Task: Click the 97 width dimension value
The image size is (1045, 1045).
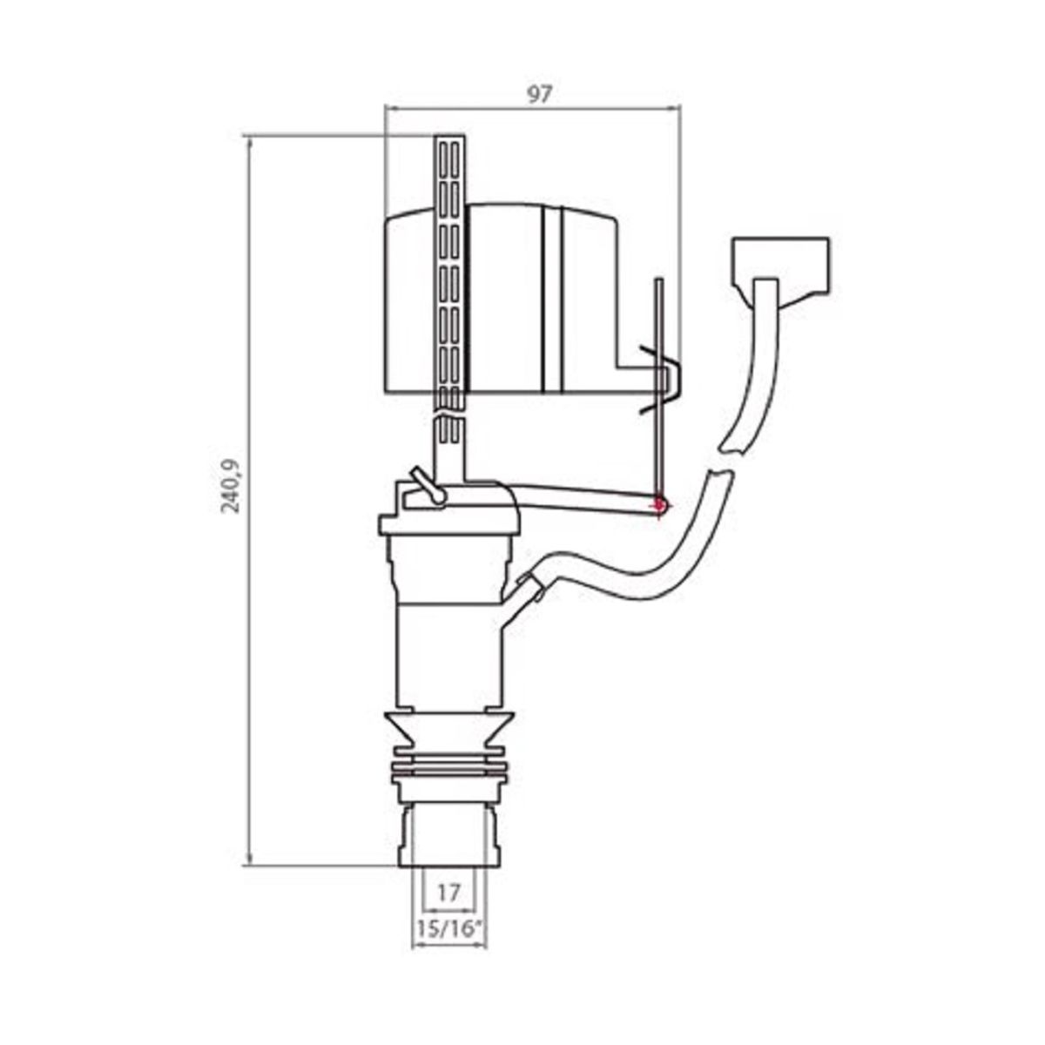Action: tap(540, 94)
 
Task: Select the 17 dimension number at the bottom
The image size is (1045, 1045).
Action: tap(448, 893)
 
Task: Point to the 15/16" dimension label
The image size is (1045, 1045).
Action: tap(448, 929)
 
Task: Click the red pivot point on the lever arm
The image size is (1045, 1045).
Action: tap(659, 502)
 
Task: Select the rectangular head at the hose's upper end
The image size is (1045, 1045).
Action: tap(780, 261)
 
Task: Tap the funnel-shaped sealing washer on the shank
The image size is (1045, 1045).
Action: tap(448, 727)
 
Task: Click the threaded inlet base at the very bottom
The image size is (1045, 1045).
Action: tap(448, 836)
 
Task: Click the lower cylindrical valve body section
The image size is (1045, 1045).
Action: tap(448, 653)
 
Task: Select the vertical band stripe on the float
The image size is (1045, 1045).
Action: tap(552, 300)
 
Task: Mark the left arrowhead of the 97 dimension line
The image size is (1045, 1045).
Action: tap(389, 108)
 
